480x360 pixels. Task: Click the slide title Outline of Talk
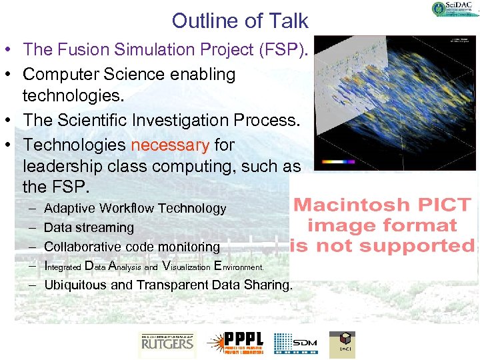click(240, 21)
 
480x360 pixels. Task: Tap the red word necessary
click(170, 145)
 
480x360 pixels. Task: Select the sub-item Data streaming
click(89, 227)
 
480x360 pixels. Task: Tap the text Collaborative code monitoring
click(131, 247)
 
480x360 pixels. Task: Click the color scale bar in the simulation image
click(339, 161)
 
